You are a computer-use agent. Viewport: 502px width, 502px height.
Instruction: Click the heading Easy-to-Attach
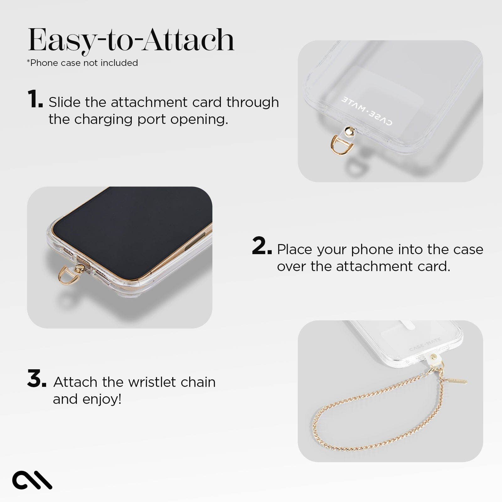point(131,40)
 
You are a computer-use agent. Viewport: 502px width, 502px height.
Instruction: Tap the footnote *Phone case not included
point(82,63)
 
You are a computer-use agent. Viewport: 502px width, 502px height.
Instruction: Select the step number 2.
point(261,246)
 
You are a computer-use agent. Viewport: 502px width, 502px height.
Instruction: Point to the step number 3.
point(36,379)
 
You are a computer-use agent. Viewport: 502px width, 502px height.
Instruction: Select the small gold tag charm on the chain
point(457,381)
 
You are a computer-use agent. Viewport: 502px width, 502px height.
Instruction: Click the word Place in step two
point(295,250)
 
